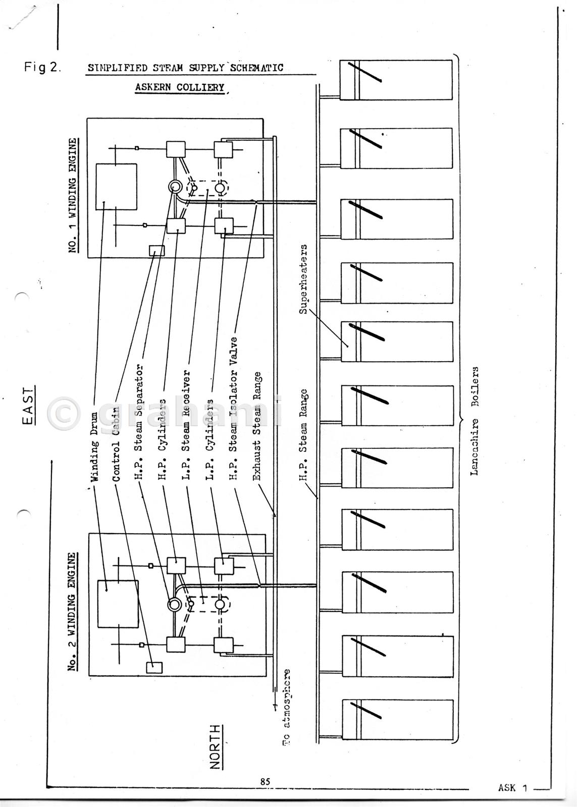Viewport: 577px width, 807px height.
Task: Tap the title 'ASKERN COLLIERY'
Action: (x=179, y=87)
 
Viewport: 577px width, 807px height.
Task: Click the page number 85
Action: (x=265, y=781)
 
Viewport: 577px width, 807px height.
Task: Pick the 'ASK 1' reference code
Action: (x=512, y=788)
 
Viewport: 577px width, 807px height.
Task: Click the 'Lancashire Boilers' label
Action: (x=475, y=422)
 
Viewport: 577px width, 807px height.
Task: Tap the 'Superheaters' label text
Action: (x=303, y=279)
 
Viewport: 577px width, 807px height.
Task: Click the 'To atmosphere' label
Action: (x=286, y=707)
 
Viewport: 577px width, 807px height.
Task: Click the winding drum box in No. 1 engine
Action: (x=116, y=186)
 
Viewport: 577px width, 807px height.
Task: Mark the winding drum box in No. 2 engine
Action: (x=118, y=603)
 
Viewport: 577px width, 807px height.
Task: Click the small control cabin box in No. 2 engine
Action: (x=154, y=667)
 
